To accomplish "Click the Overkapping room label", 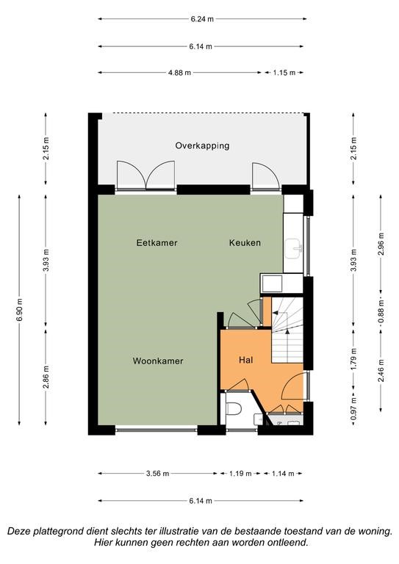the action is point(202,145).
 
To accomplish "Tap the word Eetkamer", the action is point(157,243).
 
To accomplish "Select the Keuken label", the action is point(245,243).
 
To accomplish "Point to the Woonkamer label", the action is point(158,361).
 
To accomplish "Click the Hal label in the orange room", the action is point(245,360).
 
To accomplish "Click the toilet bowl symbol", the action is point(234,409).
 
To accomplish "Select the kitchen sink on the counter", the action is point(294,248).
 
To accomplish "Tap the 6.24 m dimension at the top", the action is point(202,19).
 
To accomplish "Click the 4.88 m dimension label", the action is point(179,73).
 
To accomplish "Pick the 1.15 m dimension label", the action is point(284,73).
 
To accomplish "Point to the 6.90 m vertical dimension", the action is point(19,309).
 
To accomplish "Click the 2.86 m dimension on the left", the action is point(46,377).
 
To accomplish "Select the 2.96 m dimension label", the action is point(381,244).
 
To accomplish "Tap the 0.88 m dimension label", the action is point(381,311).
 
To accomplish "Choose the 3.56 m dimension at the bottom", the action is point(157,474).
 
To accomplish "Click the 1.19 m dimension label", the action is point(240,474).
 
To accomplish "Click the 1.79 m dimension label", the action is point(353,359).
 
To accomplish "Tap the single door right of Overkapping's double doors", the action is point(265,176).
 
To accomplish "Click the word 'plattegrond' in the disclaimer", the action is point(59,531).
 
